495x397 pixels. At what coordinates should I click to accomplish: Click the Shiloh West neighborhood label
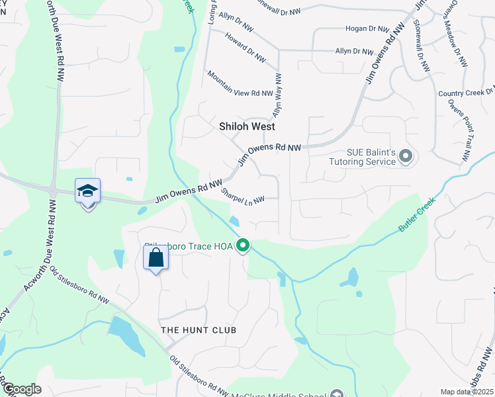pyautogui.click(x=247, y=126)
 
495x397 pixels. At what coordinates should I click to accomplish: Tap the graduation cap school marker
pyautogui.click(x=88, y=191)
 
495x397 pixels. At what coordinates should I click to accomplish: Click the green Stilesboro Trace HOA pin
pyautogui.click(x=243, y=246)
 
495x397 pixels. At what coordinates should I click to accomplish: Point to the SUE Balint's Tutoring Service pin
pyautogui.click(x=406, y=157)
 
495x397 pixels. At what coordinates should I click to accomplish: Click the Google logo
pyautogui.click(x=21, y=389)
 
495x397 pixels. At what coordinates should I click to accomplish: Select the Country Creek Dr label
pyautogui.click(x=466, y=93)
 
